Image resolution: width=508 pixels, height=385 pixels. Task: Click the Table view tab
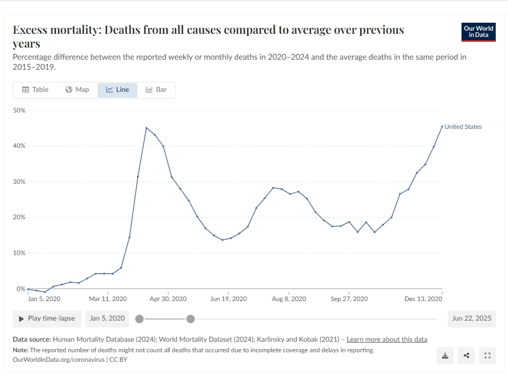(35, 90)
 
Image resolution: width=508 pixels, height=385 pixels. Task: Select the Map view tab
(77, 90)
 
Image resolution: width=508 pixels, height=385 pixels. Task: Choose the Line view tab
(117, 90)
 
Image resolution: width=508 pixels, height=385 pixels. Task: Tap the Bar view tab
(156, 90)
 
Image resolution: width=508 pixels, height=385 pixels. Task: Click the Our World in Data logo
(478, 32)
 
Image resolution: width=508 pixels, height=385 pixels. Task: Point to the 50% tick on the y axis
(19, 110)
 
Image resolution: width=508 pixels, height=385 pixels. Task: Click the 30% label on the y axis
(19, 182)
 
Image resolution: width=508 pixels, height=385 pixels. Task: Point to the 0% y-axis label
(21, 289)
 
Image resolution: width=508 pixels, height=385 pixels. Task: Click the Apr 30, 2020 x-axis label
(168, 299)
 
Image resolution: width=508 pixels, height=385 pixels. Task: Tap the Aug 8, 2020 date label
(289, 299)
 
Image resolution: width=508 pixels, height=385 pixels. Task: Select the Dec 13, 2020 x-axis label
(423, 299)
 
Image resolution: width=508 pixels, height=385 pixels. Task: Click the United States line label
(463, 127)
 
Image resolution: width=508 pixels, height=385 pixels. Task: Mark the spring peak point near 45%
(146, 128)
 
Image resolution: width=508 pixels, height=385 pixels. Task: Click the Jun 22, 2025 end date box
(472, 318)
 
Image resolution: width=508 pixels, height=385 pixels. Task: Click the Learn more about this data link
(387, 340)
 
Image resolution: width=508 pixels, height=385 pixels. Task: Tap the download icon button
(445, 355)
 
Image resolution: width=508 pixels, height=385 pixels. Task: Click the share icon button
(466, 355)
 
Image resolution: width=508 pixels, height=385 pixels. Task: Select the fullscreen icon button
(487, 355)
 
